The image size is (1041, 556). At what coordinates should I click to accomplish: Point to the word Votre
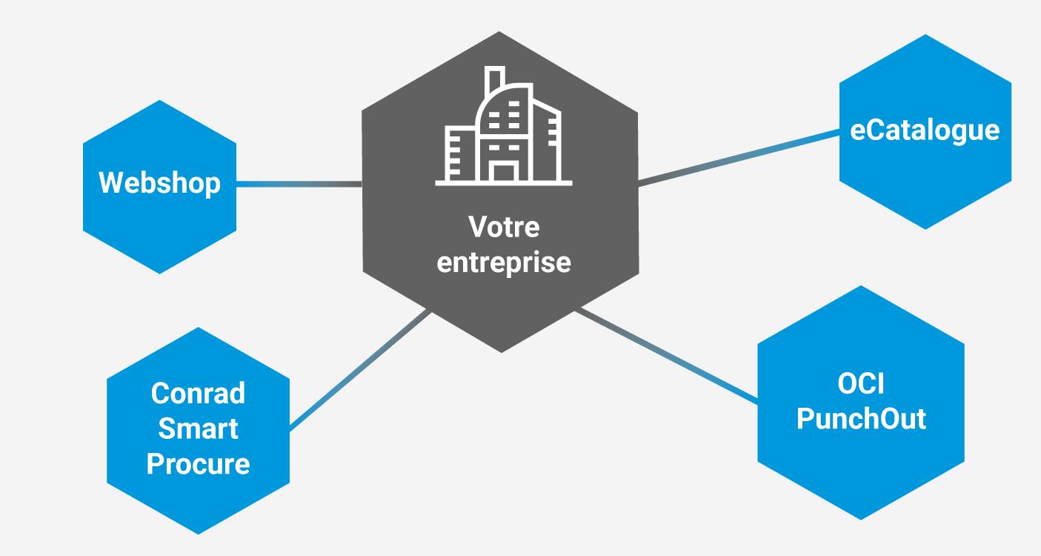click(x=504, y=228)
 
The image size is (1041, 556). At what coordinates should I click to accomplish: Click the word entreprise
click(x=504, y=262)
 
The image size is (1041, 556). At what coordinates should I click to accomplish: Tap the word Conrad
click(x=198, y=393)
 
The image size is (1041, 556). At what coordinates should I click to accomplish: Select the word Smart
click(x=198, y=428)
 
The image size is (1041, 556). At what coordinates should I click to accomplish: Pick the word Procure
click(x=198, y=464)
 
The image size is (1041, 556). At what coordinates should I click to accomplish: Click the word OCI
click(x=861, y=384)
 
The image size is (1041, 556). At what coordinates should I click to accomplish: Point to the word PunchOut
click(x=861, y=419)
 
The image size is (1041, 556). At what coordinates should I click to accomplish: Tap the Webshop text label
click(x=159, y=182)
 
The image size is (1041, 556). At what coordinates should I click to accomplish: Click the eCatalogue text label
click(x=925, y=130)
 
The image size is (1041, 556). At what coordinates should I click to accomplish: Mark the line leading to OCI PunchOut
click(x=667, y=357)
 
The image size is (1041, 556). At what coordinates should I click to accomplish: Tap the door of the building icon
click(x=504, y=172)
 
